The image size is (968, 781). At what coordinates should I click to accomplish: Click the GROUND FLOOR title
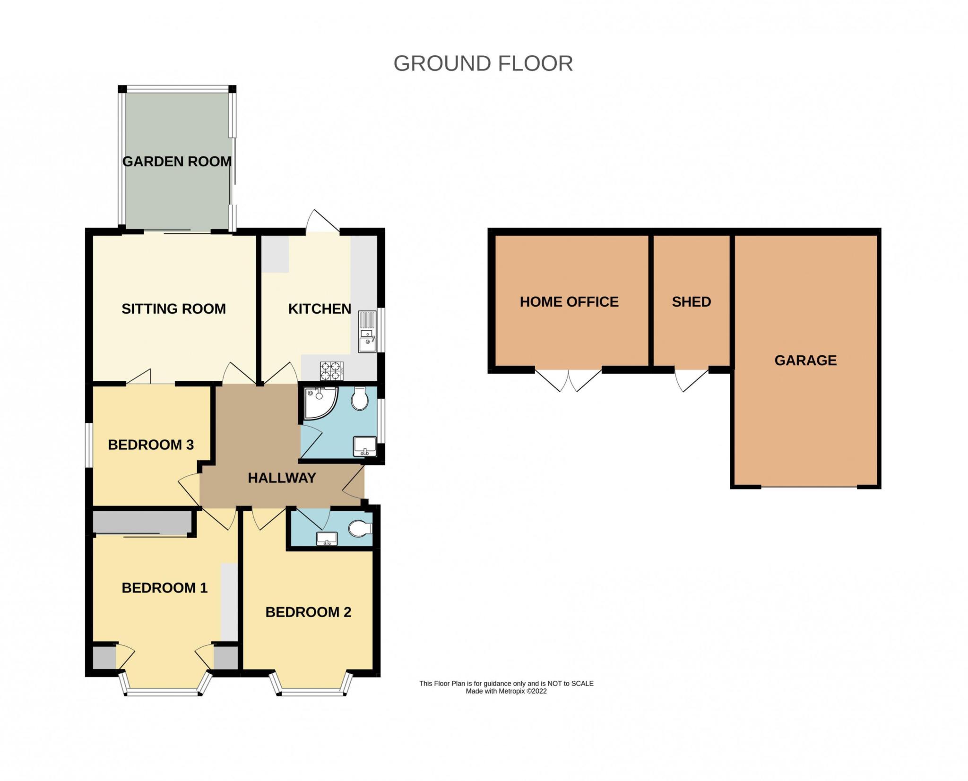coord(483,64)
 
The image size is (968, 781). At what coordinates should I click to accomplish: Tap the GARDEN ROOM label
coord(177,162)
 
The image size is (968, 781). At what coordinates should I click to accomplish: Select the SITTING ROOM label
coord(173,309)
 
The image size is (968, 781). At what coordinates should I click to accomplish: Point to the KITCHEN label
coord(320,309)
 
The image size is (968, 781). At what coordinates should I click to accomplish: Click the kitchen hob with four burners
coord(332,370)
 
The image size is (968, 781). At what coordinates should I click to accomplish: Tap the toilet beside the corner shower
coord(361,399)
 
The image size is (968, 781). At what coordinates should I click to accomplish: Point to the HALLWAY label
coord(282,478)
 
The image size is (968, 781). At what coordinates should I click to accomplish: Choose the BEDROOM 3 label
coord(151,445)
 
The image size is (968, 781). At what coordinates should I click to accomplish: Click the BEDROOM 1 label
coord(164,588)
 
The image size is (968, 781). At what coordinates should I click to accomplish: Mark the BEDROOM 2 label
coord(308,612)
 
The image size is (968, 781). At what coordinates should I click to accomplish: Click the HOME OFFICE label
coord(569,302)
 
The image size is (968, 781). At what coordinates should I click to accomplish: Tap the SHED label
coord(691,302)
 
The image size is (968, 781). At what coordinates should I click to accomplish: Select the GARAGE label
coord(805,360)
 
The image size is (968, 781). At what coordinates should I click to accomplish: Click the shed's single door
coord(691,379)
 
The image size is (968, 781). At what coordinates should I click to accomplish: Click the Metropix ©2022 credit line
coord(506,691)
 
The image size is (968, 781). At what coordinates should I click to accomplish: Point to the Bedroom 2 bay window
coord(311,685)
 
